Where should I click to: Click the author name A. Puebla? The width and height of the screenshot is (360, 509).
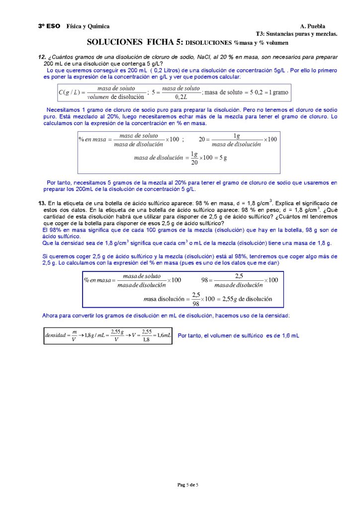point(313,26)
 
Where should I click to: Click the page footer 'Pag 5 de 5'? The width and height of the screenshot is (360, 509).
point(187,485)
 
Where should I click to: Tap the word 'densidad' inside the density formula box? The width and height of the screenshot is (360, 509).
point(55,336)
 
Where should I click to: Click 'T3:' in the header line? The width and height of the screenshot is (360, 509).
point(260,34)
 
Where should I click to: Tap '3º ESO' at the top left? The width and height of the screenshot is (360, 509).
point(49,26)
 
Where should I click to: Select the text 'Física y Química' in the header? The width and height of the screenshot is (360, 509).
point(88,26)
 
